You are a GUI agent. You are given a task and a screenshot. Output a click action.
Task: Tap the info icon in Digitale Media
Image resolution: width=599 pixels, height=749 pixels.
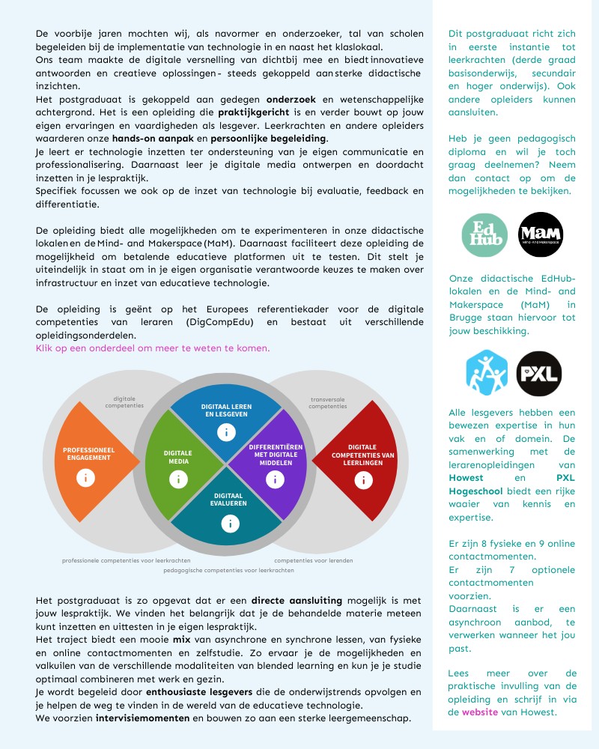coord(178,480)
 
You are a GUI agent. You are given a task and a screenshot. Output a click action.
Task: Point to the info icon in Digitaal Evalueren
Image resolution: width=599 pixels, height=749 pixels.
coord(226,524)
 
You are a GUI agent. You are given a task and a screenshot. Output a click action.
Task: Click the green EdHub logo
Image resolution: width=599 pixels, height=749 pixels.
coord(484,234)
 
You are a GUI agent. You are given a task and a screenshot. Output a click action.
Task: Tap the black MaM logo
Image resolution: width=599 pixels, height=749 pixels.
coord(541,234)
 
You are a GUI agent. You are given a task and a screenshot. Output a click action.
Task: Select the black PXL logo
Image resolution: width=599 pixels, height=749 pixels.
coord(539,373)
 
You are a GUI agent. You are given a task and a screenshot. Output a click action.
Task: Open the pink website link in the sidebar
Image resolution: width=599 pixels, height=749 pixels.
coord(479,712)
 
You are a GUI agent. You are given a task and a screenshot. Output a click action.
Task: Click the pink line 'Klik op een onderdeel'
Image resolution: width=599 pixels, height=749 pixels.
coord(153,348)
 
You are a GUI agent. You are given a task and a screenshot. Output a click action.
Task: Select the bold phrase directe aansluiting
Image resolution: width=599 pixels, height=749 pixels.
coord(297,600)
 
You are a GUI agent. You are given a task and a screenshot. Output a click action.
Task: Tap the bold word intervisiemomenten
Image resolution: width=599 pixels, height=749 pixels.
coord(142,718)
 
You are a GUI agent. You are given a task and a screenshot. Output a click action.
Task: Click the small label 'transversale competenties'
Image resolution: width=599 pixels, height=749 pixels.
coord(328,403)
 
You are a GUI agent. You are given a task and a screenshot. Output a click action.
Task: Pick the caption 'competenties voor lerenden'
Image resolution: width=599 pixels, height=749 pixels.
coord(314,560)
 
